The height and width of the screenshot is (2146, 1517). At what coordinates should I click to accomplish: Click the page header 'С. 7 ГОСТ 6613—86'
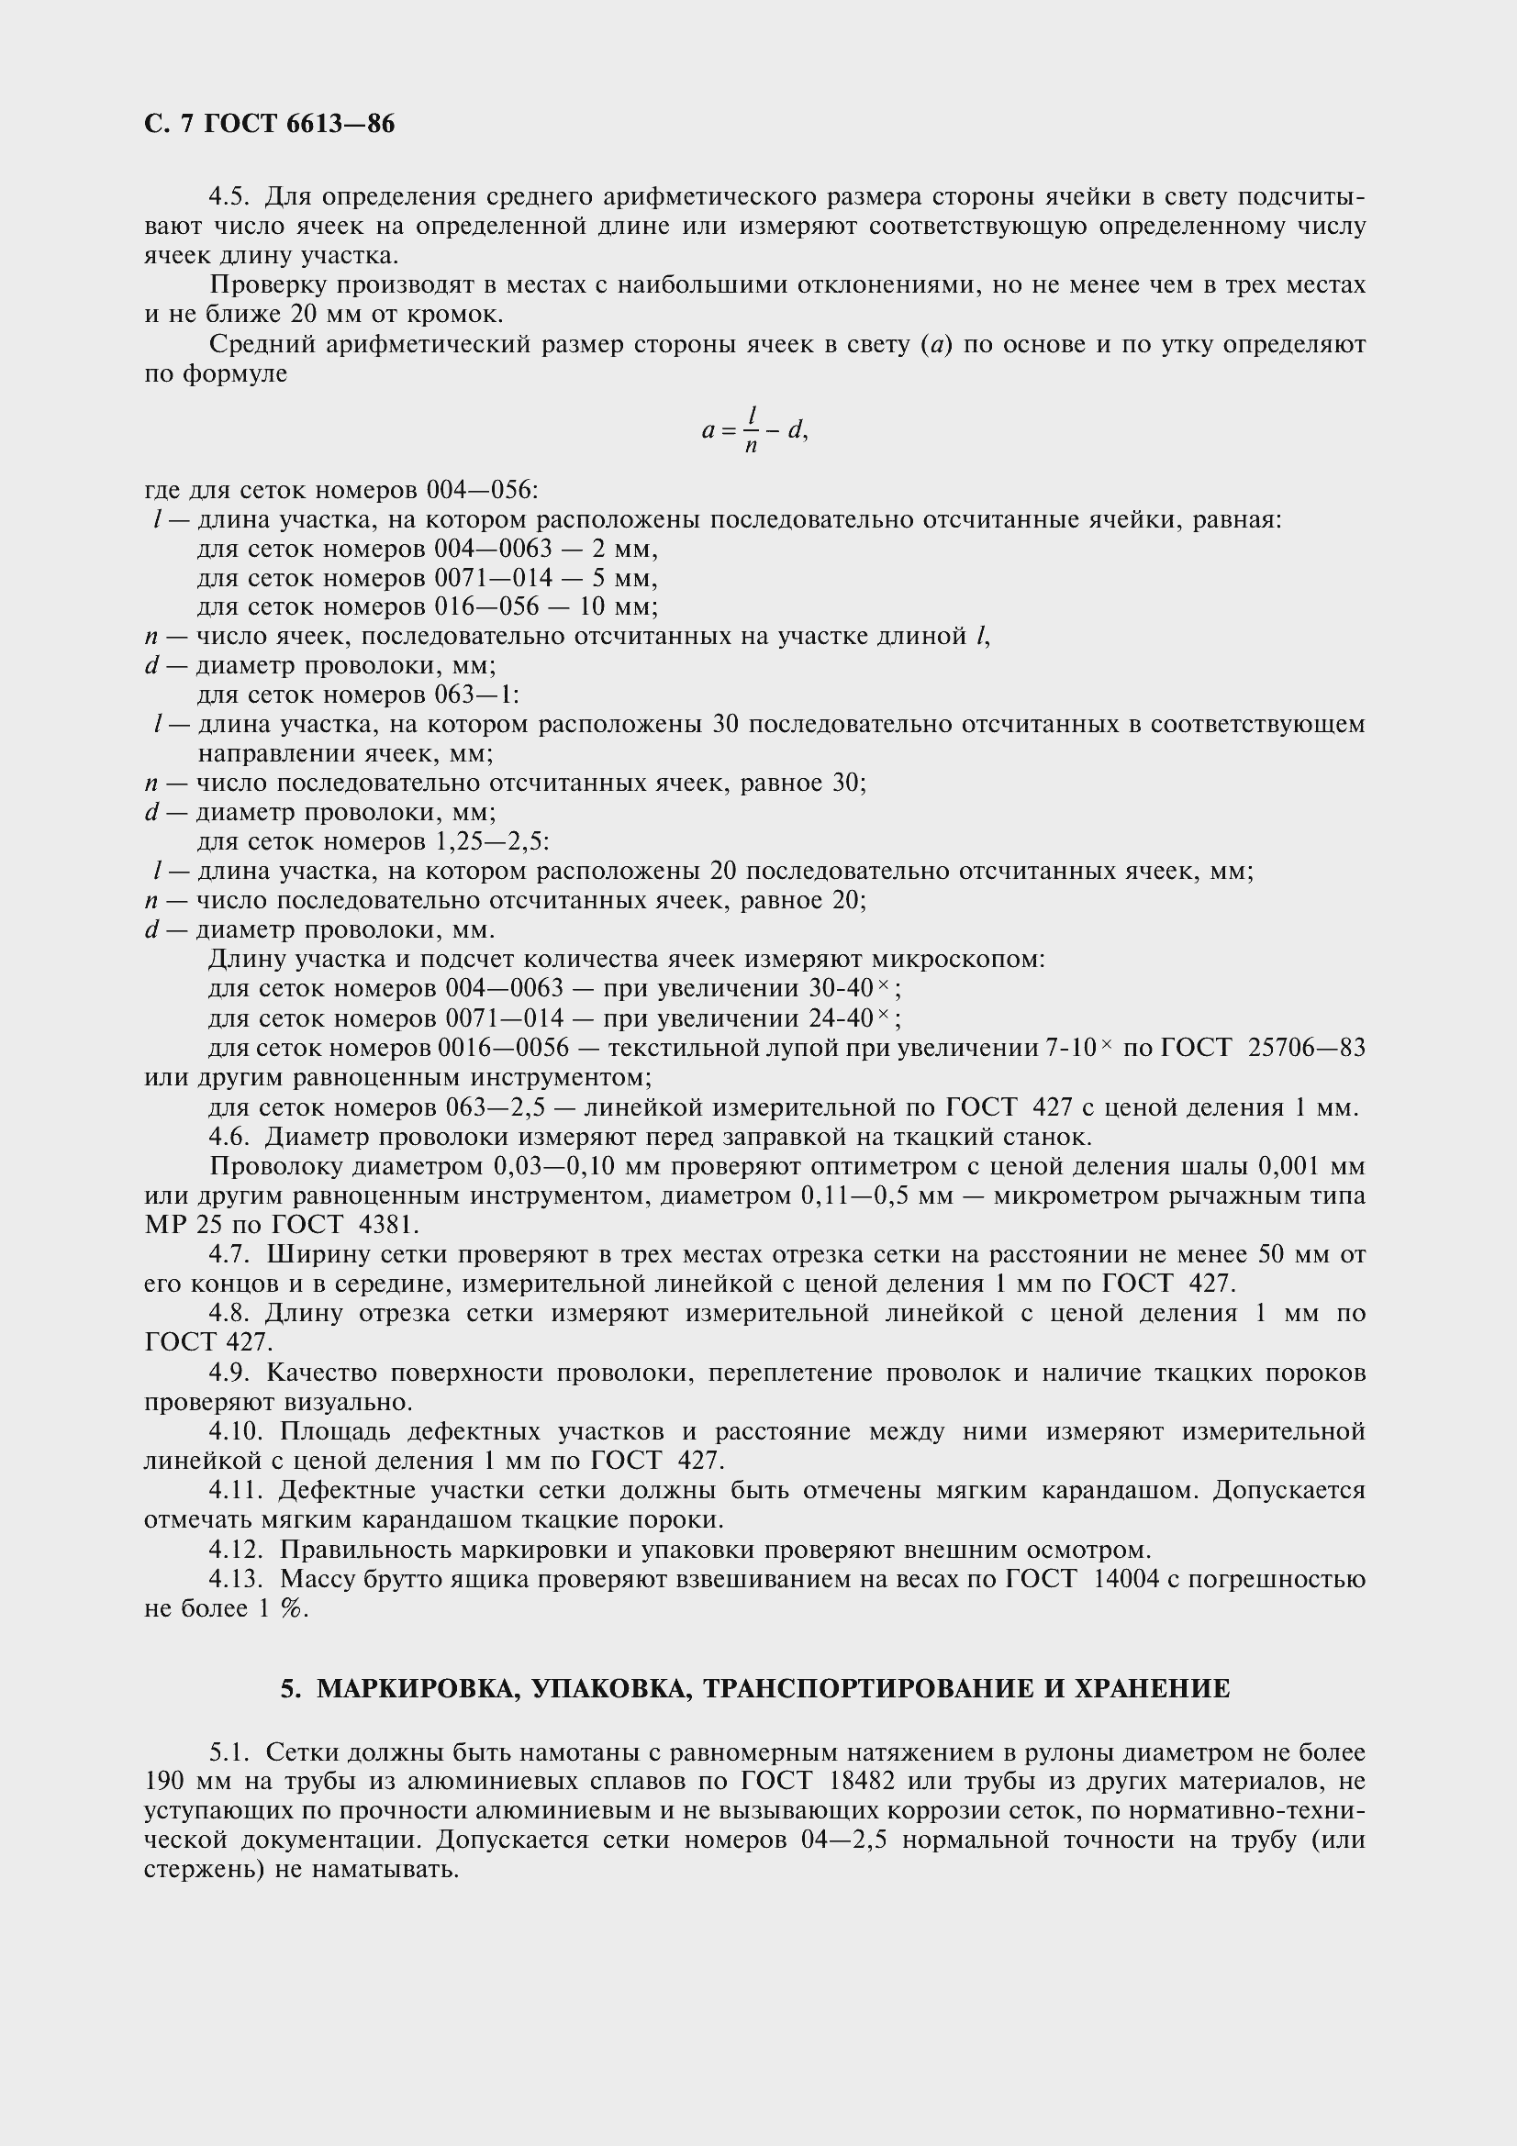click(x=269, y=124)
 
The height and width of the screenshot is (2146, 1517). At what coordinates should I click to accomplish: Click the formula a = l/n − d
click(x=753, y=430)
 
